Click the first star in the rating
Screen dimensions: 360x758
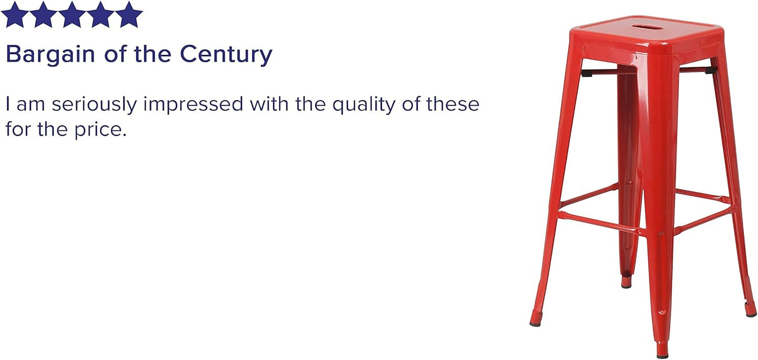[15, 15]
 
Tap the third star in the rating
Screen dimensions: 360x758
[71, 15]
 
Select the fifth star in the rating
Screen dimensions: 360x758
[129, 15]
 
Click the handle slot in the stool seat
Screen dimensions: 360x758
[646, 27]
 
